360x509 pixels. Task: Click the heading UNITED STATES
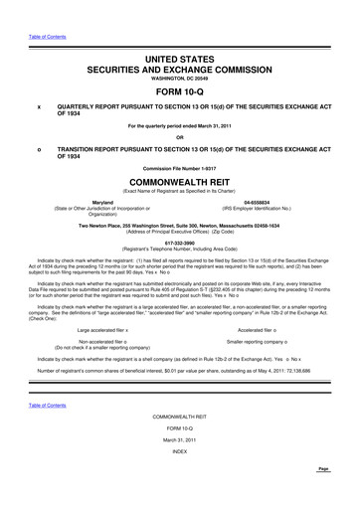point(179,35)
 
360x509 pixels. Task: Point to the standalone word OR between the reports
point(180,136)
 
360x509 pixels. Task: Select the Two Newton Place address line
point(180,226)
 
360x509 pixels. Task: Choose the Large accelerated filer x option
point(109,300)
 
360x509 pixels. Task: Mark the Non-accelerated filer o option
point(109,312)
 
